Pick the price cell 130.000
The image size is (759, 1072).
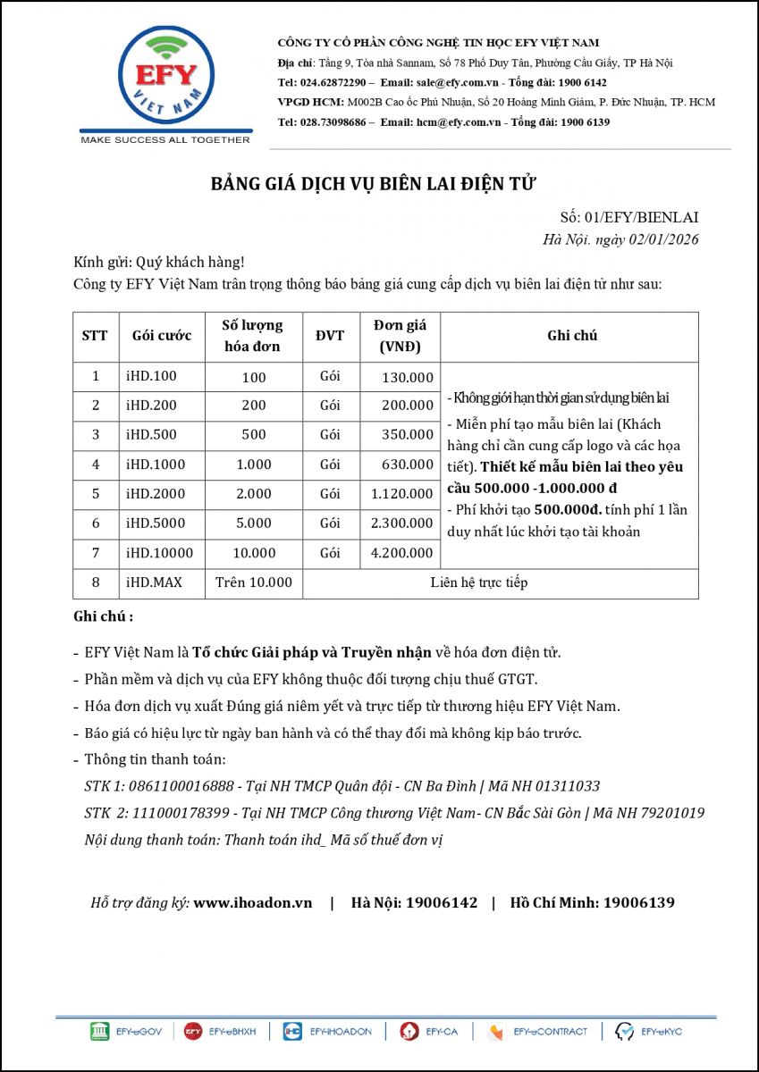[x=407, y=377]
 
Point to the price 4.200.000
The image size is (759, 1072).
[x=401, y=553]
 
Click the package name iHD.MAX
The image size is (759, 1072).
[x=154, y=582]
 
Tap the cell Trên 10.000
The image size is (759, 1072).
[x=254, y=582]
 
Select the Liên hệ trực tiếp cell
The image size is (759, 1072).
[x=478, y=582]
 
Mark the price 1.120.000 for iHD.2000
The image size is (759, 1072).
[x=401, y=494]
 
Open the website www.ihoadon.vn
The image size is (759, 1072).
[x=253, y=902]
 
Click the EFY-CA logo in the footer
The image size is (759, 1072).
[x=429, y=1032]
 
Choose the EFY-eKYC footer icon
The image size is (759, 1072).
[x=649, y=1032]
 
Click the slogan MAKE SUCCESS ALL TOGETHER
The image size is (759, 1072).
[x=165, y=140]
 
